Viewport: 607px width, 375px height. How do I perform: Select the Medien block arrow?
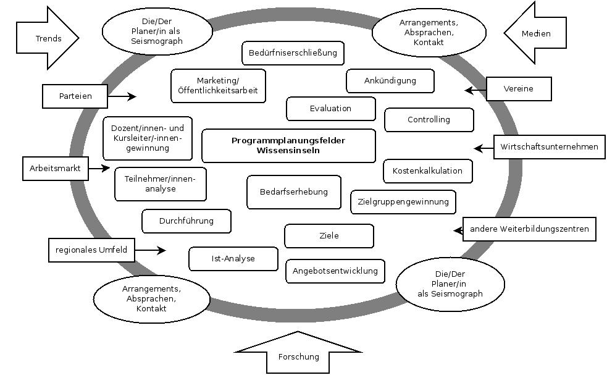pos(535,34)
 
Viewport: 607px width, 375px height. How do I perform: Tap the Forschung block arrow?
pos(299,355)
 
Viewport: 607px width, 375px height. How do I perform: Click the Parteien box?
pos(75,96)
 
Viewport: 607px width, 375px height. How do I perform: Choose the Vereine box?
pos(519,89)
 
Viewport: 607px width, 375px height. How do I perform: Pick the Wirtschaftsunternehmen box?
pos(549,147)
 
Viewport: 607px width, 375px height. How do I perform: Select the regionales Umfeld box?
pos(91,250)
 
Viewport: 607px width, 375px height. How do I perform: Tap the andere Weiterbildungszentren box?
pos(529,229)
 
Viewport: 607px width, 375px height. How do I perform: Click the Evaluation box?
pos(330,109)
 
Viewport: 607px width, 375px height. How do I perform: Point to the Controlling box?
pos(429,120)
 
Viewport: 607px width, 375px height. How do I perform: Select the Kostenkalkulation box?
pos(427,171)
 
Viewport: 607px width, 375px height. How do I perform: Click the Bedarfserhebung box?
pos(293,192)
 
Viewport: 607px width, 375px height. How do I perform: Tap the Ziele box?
pos(329,235)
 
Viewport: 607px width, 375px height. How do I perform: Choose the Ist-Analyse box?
pos(233,259)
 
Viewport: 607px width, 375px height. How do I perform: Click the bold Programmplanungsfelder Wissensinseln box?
pos(288,146)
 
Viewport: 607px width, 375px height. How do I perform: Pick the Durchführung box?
pos(186,221)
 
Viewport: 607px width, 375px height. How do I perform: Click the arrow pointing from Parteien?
pos(122,96)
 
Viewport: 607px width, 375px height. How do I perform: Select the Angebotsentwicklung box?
pos(335,271)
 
